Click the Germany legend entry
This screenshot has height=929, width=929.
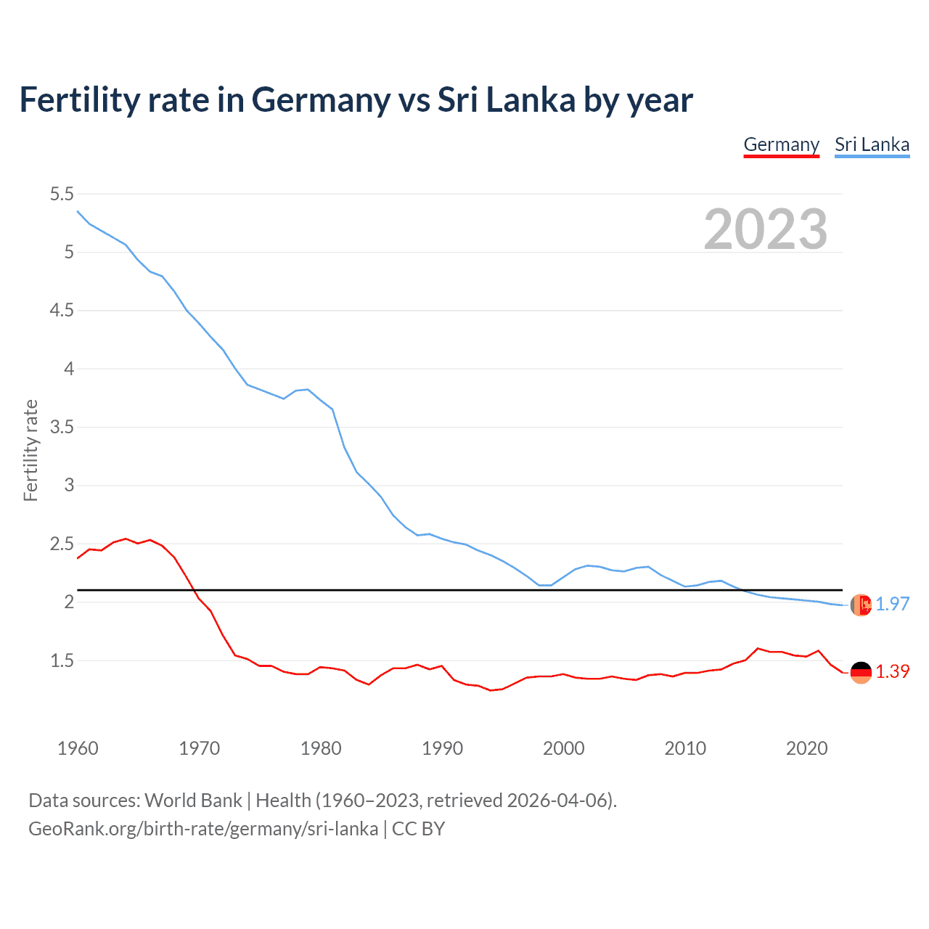pyautogui.click(x=781, y=144)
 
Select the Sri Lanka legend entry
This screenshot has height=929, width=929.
pyautogui.click(x=872, y=144)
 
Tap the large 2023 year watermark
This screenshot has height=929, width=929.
pyautogui.click(x=765, y=229)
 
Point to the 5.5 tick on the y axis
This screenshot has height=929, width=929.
pyautogui.click(x=62, y=194)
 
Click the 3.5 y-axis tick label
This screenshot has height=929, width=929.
pyautogui.click(x=62, y=427)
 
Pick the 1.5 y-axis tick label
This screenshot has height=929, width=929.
pyautogui.click(x=62, y=660)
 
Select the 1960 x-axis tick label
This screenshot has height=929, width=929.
pyautogui.click(x=78, y=748)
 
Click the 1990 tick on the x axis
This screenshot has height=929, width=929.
pyautogui.click(x=442, y=748)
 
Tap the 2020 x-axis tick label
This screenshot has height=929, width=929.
pyautogui.click(x=806, y=748)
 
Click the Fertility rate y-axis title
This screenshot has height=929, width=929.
pyautogui.click(x=30, y=450)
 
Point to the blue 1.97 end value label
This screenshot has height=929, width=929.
pyautogui.click(x=892, y=604)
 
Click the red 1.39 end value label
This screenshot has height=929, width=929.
pyautogui.click(x=892, y=671)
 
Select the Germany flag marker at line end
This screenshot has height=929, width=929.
pyautogui.click(x=861, y=672)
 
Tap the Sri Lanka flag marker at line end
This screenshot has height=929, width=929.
pyautogui.click(x=861, y=605)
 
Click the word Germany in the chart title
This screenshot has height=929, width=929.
pyautogui.click(x=321, y=100)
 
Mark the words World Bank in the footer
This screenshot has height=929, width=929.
pyautogui.click(x=193, y=801)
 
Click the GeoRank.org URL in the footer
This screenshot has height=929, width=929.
pyautogui.click(x=203, y=829)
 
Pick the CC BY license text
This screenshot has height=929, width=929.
pyautogui.click(x=419, y=829)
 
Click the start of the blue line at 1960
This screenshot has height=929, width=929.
pyautogui.click(x=78, y=211)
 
